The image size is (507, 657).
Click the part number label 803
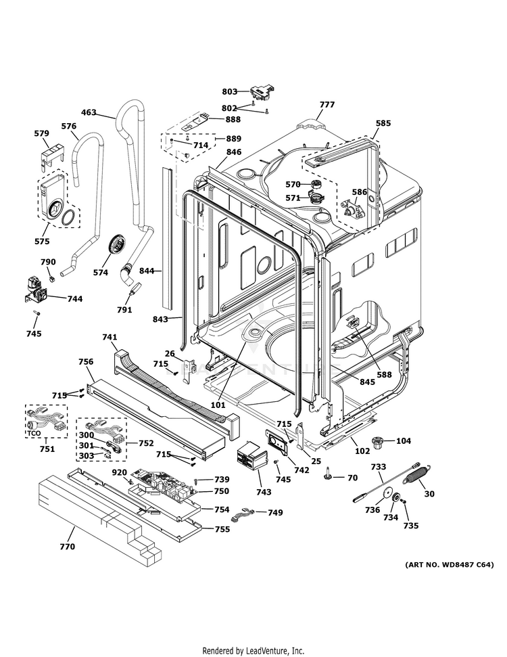pyautogui.click(x=230, y=91)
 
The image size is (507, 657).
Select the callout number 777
pyautogui.click(x=327, y=105)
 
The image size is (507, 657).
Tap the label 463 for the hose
pyautogui.click(x=89, y=113)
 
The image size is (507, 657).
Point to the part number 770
pyautogui.click(x=67, y=546)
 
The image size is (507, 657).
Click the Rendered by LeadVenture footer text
pyautogui.click(x=253, y=650)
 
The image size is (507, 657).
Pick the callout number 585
pyautogui.click(x=383, y=124)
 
